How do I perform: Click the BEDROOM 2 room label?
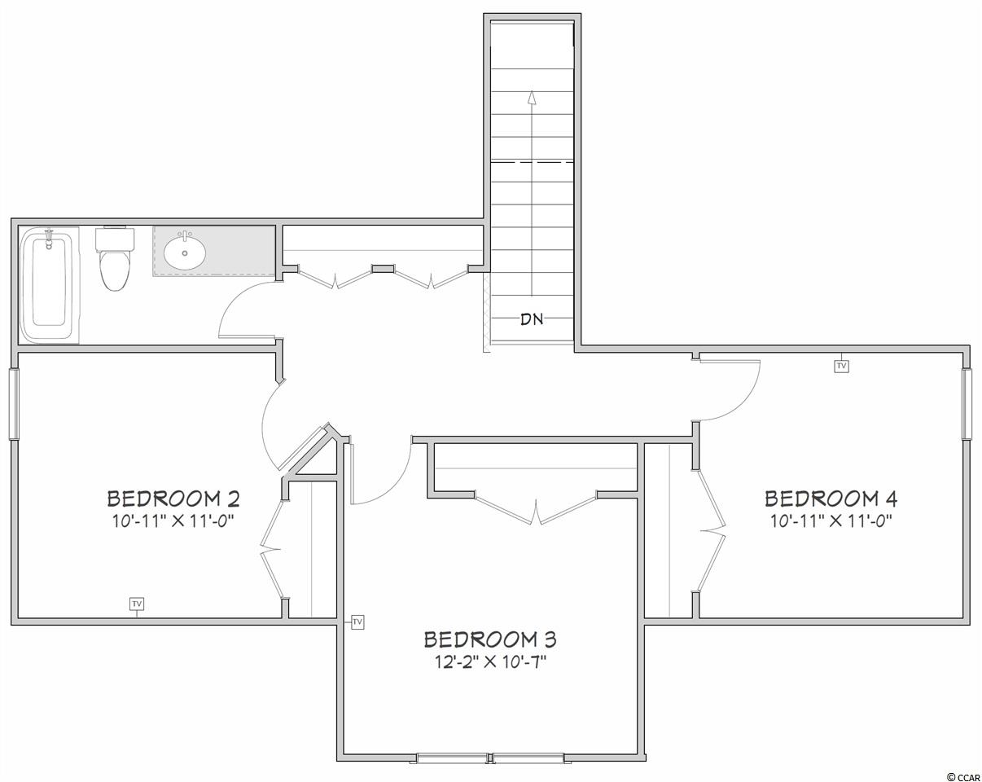tap(173, 499)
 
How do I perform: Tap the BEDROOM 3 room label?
tap(490, 639)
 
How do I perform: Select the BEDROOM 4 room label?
tap(831, 499)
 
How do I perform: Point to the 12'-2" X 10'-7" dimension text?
tap(490, 662)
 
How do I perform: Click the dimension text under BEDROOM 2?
tap(173, 521)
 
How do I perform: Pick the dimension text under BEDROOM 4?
tap(831, 521)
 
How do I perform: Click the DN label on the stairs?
tap(532, 319)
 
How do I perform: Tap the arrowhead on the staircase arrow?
tap(531, 97)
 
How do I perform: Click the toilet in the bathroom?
tap(115, 259)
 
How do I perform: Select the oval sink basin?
tap(185, 251)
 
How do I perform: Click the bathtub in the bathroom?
tap(49, 284)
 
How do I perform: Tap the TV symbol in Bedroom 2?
tap(137, 604)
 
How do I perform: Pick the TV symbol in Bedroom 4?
tap(841, 366)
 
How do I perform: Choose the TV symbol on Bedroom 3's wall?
tap(357, 622)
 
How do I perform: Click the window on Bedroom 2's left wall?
tap(14, 405)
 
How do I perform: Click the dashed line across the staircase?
tap(532, 162)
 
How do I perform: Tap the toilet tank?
tap(115, 239)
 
